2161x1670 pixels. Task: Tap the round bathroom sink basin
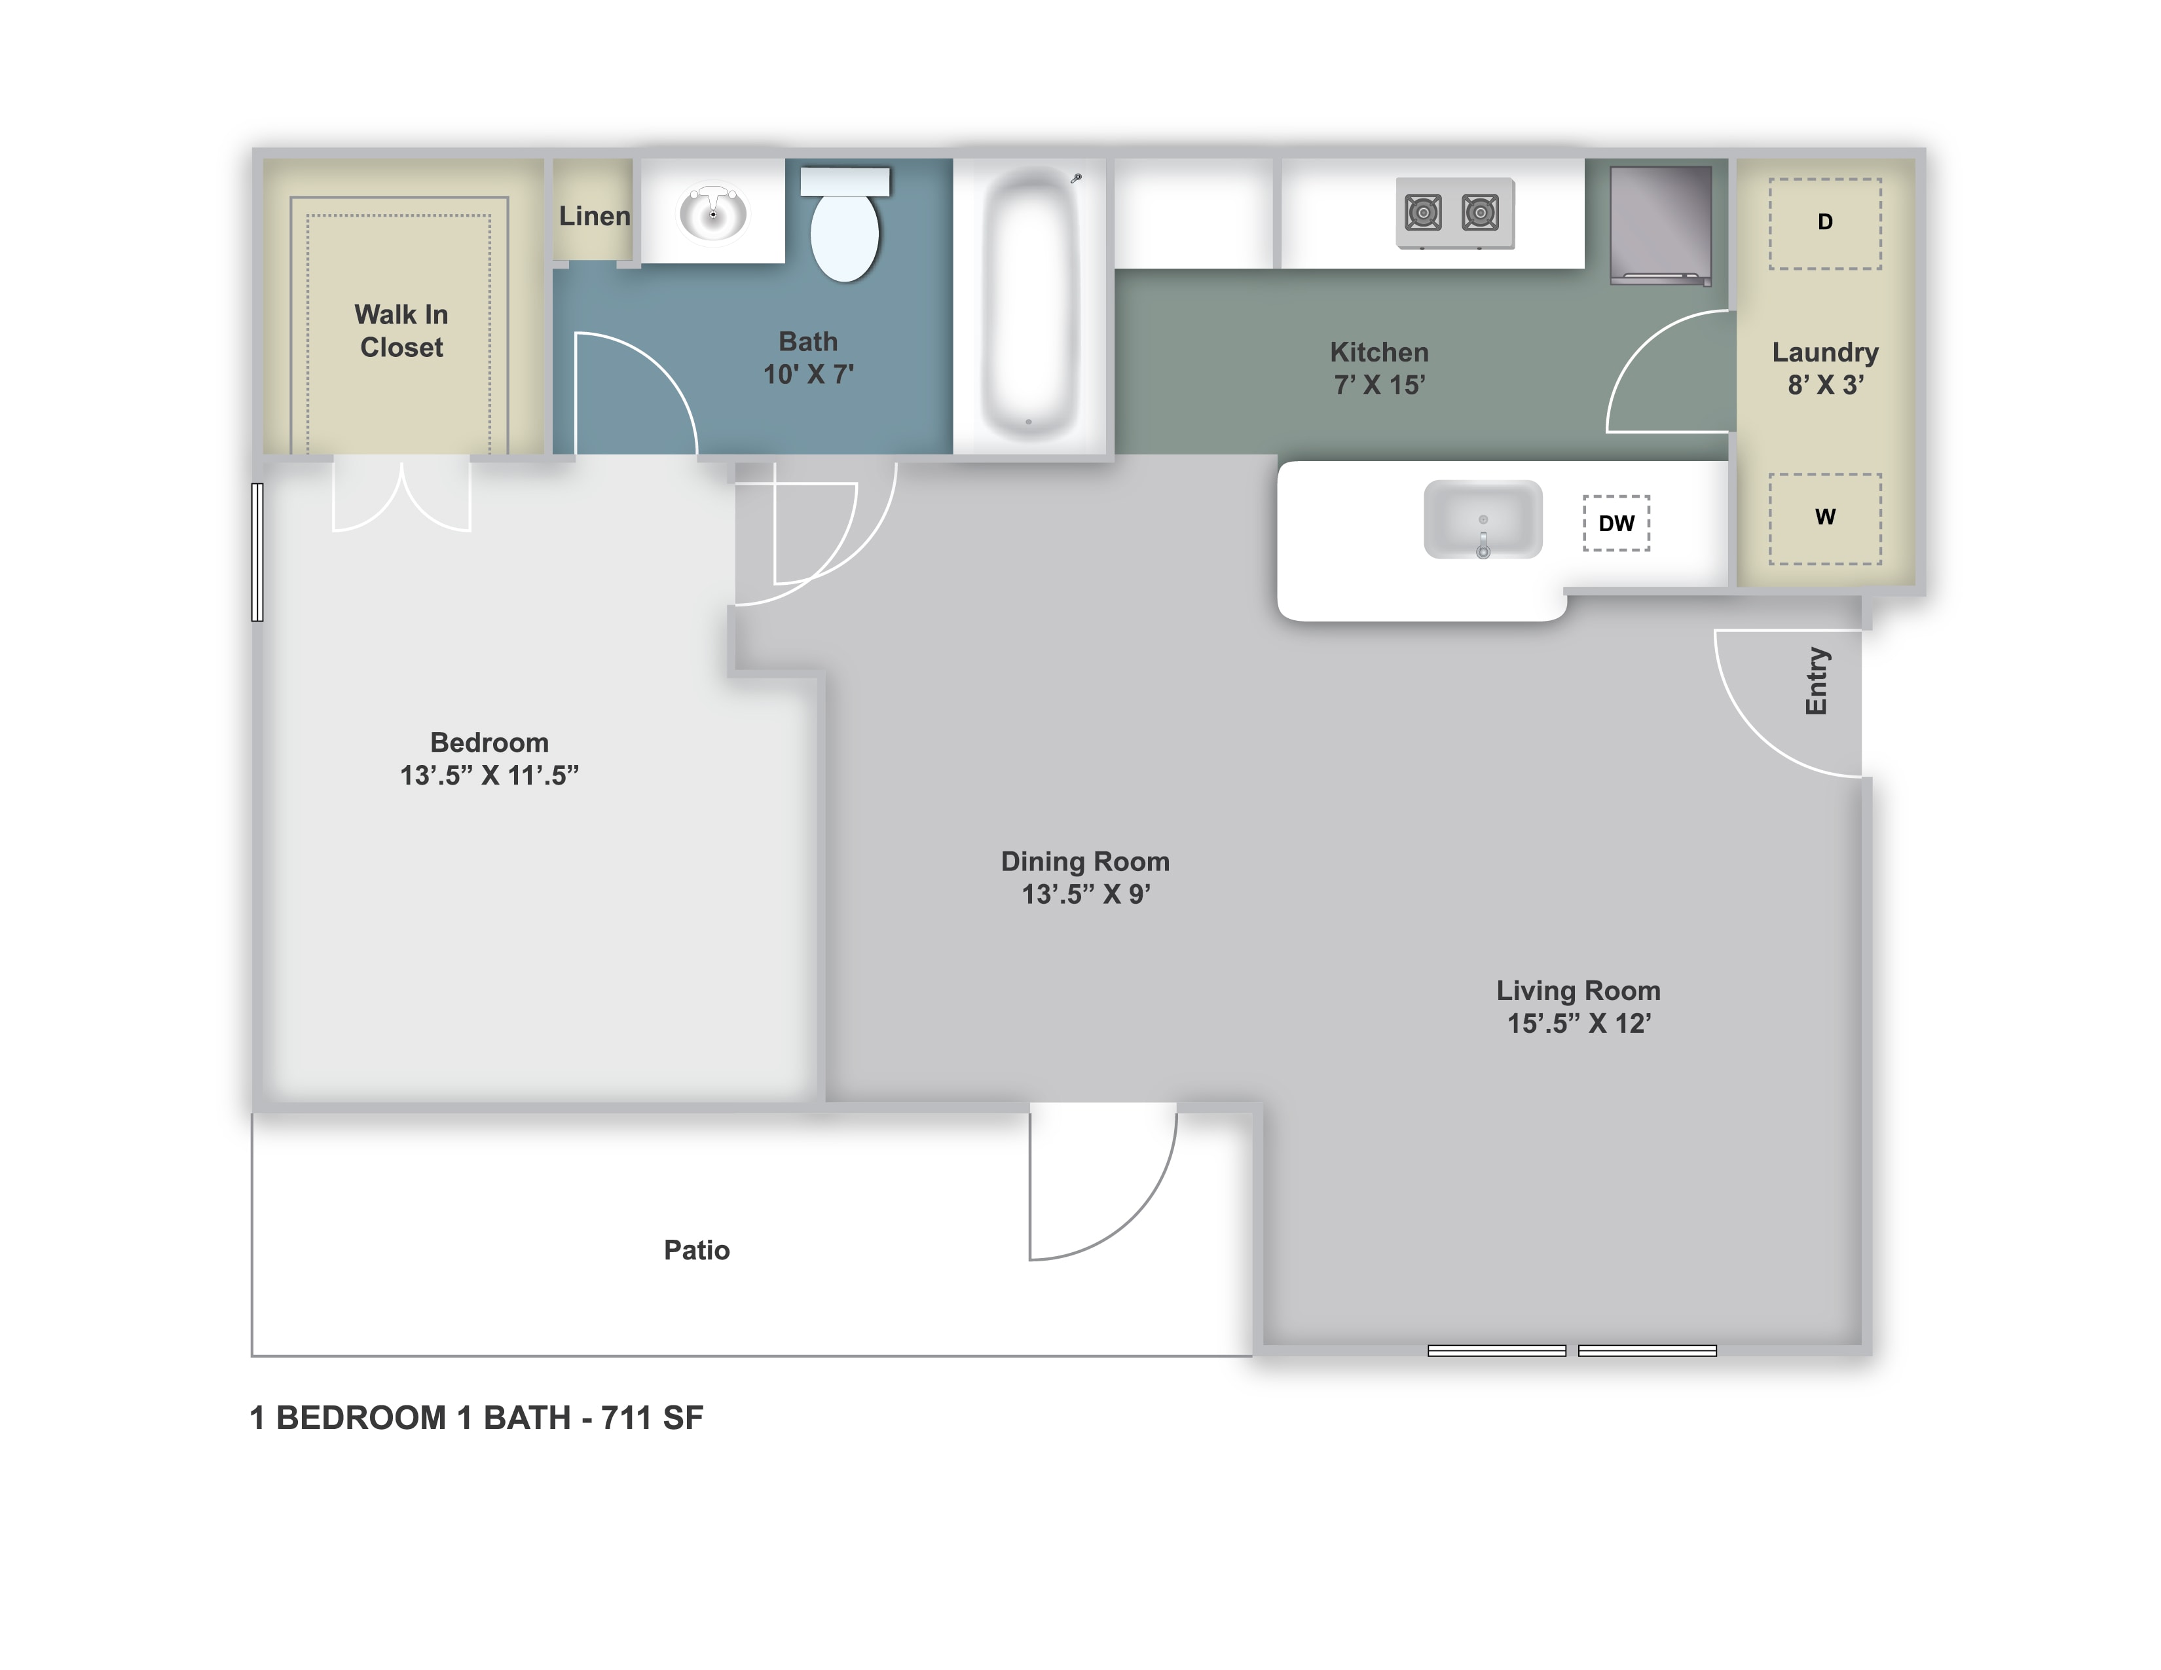tap(712, 213)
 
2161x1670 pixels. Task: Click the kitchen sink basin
tap(1482, 519)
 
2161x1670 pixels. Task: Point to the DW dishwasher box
tap(1616, 523)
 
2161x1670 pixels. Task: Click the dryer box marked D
tap(1824, 223)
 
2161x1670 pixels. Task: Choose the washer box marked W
tap(1824, 519)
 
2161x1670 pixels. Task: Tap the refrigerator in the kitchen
tap(1660, 225)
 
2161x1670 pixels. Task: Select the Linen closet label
tap(594, 215)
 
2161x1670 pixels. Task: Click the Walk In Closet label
tap(401, 331)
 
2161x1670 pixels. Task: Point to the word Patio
tap(697, 1250)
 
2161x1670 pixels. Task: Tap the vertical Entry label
tap(1816, 680)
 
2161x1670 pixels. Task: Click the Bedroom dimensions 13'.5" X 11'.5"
tap(489, 775)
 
